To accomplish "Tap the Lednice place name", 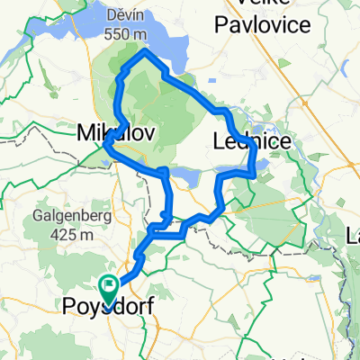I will click(252, 139).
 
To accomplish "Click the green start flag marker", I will click(110, 287).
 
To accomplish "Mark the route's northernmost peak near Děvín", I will click(142, 53).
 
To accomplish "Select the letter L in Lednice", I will click(220, 139).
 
